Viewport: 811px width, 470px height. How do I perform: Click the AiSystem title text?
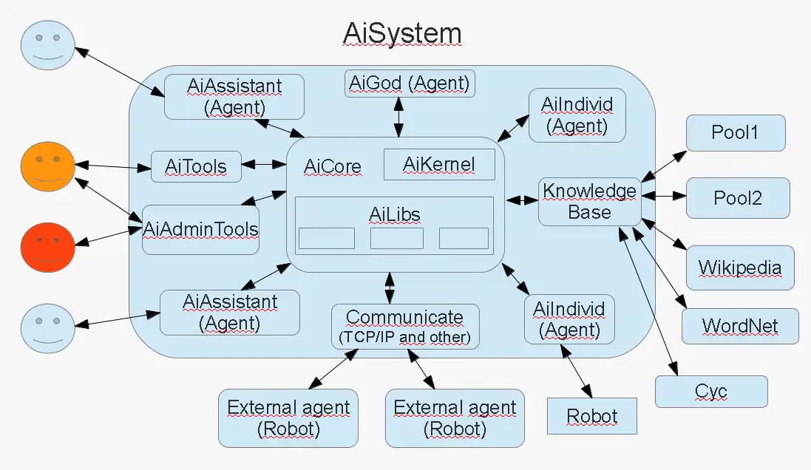(402, 33)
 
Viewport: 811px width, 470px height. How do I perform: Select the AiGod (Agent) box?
(410, 84)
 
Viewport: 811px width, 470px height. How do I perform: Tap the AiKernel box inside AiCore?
(439, 164)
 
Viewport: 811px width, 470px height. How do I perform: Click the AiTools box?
(196, 167)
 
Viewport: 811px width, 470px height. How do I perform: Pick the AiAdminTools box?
(200, 229)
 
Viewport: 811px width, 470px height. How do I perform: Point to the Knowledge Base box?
(589, 201)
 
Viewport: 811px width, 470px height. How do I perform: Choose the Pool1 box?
(735, 133)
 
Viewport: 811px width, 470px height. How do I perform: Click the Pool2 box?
(737, 198)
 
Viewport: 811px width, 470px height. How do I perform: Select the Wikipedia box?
(739, 267)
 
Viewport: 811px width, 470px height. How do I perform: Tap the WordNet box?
(739, 326)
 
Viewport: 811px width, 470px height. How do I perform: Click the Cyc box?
(710, 391)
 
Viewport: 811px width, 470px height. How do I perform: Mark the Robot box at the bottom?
(591, 416)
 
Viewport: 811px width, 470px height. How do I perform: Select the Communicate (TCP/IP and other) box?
(404, 327)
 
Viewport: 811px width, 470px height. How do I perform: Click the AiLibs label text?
(394, 214)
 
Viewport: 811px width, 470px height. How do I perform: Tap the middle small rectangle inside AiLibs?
(396, 238)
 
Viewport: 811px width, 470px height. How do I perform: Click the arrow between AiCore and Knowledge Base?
(521, 200)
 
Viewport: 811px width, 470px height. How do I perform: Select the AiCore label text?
(333, 166)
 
